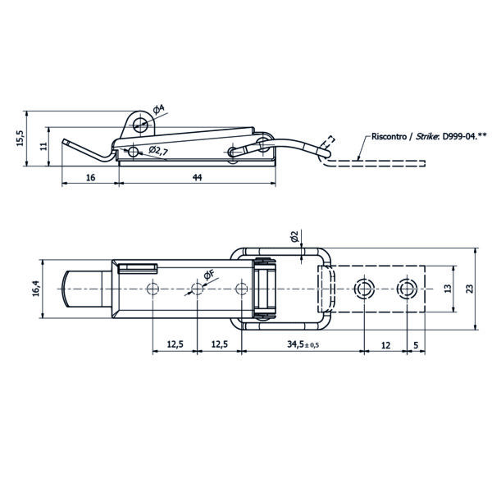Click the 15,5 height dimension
tap(20, 138)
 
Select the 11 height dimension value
tap(43, 146)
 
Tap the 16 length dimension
tap(90, 178)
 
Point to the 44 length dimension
tap(197, 178)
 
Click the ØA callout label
tap(158, 110)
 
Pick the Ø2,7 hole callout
tap(157, 151)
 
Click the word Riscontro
tap(389, 136)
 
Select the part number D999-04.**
tap(464, 136)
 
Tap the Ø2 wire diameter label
tap(294, 236)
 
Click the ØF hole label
tap(209, 275)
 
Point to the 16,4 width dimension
tap(36, 289)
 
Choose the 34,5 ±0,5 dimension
tap(303, 344)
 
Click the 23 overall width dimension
tap(469, 289)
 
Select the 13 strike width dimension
tap(448, 289)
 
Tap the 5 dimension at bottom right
tap(416, 345)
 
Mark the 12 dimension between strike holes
tap(385, 345)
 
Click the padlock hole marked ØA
tap(140, 125)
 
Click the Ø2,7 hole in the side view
tap(134, 152)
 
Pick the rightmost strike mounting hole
tap(407, 289)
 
